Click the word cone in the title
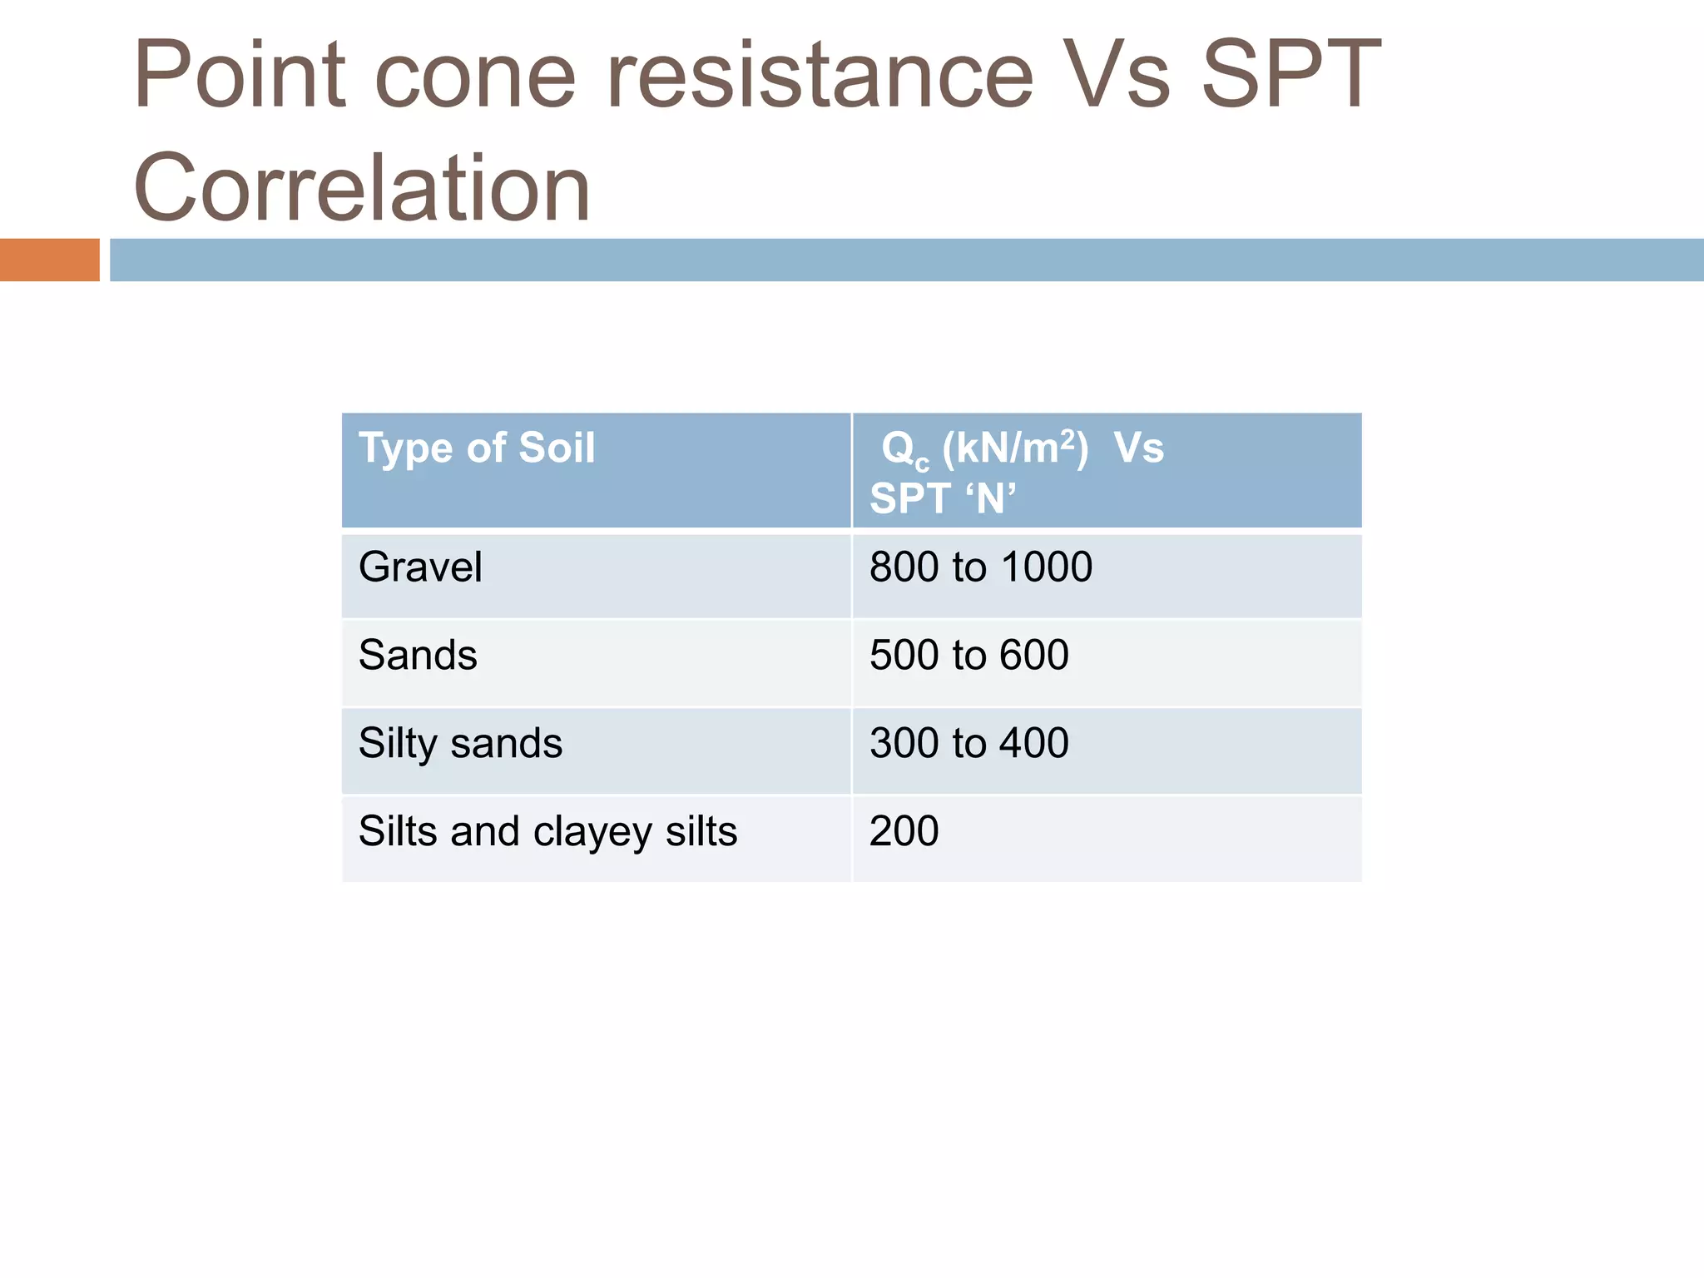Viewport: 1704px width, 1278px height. (x=475, y=77)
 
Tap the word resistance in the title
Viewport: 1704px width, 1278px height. (x=820, y=77)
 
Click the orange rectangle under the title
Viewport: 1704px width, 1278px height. (x=49, y=260)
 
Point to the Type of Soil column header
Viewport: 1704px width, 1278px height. (x=477, y=448)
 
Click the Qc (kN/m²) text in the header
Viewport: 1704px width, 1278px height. (x=984, y=449)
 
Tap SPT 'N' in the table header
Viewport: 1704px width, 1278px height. (x=942, y=499)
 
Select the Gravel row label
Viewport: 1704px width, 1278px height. (x=420, y=567)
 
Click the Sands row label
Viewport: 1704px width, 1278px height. (x=418, y=655)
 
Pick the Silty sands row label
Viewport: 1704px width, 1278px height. (x=460, y=743)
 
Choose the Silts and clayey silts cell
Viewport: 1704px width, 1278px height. (x=547, y=831)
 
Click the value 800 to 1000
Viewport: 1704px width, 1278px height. (x=980, y=567)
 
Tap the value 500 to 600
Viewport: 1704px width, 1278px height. (x=968, y=655)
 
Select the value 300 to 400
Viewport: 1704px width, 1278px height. (x=968, y=743)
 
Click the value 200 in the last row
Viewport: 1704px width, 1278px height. (x=904, y=831)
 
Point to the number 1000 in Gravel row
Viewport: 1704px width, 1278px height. (x=1046, y=567)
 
